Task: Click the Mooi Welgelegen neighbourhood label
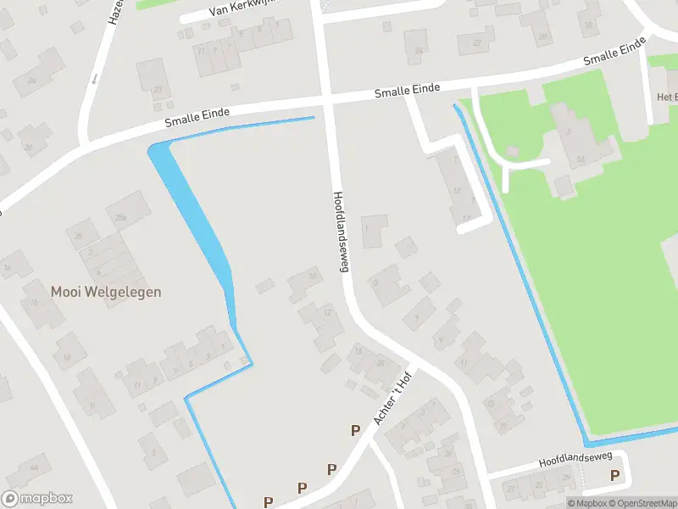pyautogui.click(x=106, y=292)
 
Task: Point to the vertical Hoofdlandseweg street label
pyautogui.click(x=341, y=231)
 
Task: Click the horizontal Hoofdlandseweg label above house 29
pyautogui.click(x=575, y=459)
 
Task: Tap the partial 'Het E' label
pyautogui.click(x=666, y=97)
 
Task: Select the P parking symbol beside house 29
pyautogui.click(x=615, y=475)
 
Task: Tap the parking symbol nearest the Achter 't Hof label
pyautogui.click(x=356, y=431)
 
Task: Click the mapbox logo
pyautogui.click(x=38, y=499)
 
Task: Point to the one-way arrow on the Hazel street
pyautogui.click(x=94, y=79)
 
